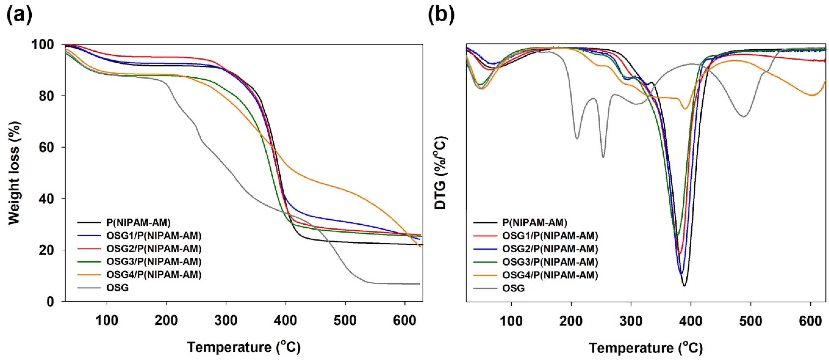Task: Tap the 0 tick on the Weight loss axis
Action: click(55, 302)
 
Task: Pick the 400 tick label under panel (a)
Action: click(285, 321)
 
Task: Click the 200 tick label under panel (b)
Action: click(571, 321)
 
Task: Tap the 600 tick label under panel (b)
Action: click(810, 321)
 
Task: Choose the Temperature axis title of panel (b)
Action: click(646, 348)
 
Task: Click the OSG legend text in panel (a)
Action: click(117, 287)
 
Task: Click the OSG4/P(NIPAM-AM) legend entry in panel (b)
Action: click(550, 275)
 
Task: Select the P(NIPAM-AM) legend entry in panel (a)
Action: click(138, 222)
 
